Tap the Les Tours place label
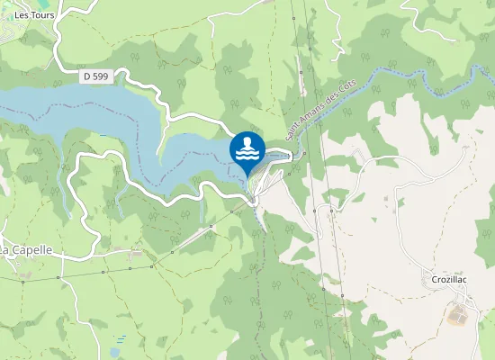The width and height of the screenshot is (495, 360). (x=35, y=14)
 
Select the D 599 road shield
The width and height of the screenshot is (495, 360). (x=95, y=77)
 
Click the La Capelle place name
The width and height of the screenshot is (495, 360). (x=27, y=249)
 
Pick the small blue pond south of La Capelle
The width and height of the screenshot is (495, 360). (x=117, y=343)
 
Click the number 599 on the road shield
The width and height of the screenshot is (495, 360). (x=100, y=77)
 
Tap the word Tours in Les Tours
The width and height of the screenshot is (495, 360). (x=42, y=14)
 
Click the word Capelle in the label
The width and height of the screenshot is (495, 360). (x=33, y=249)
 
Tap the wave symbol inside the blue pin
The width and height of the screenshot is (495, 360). (x=247, y=155)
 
